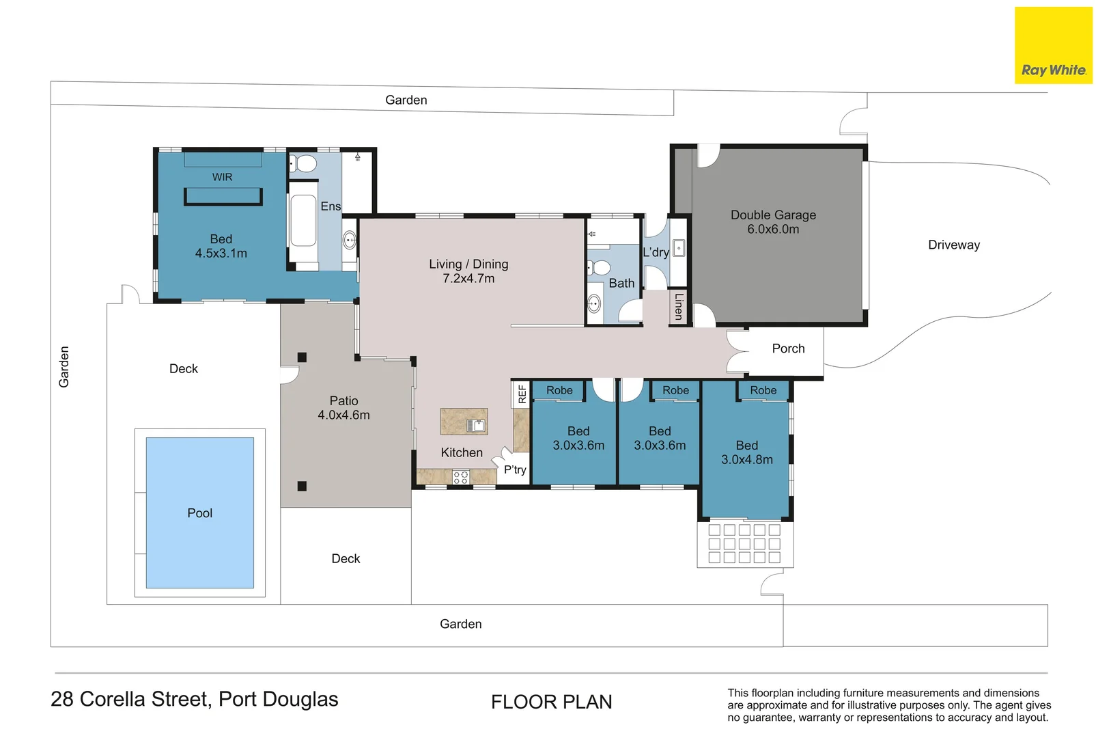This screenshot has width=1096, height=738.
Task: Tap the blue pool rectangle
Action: click(x=199, y=512)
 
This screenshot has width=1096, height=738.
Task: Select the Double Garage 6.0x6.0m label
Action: click(x=773, y=222)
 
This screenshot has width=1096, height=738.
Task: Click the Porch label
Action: click(x=788, y=348)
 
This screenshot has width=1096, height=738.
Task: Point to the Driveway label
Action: click(x=953, y=245)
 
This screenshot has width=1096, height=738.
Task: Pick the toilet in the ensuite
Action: click(x=304, y=163)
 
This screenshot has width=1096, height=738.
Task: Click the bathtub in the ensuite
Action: click(x=303, y=221)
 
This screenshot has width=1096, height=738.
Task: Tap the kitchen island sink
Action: click(x=476, y=425)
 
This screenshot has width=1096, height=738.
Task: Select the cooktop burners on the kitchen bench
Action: click(x=461, y=477)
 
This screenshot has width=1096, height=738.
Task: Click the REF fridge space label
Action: click(x=522, y=394)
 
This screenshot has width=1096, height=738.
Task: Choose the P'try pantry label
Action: click(x=515, y=469)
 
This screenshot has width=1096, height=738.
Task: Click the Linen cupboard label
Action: click(x=678, y=306)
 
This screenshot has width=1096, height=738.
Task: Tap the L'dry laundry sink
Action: click(x=679, y=248)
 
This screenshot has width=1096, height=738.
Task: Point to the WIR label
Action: click(x=222, y=177)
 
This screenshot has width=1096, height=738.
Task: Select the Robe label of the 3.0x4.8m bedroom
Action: click(x=763, y=390)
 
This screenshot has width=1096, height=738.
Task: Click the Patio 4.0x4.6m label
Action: click(x=343, y=408)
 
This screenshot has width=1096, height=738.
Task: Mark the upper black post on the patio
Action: click(x=302, y=357)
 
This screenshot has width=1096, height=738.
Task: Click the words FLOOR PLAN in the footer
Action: click(x=551, y=702)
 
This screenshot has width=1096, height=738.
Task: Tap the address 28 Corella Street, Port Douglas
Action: click(x=195, y=699)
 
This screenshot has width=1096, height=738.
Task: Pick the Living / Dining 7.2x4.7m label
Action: click(x=468, y=271)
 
